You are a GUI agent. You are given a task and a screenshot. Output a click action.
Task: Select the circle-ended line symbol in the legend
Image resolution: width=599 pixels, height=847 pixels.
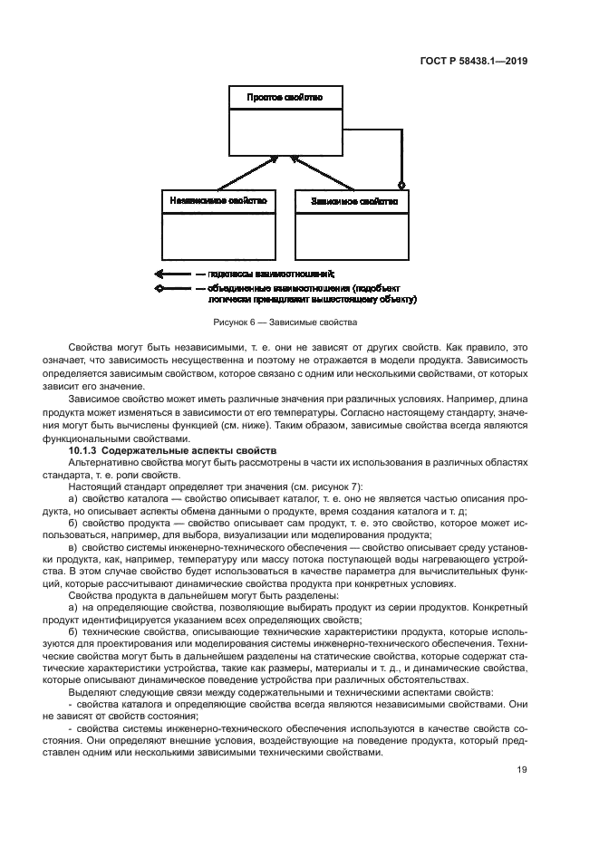click(172, 288)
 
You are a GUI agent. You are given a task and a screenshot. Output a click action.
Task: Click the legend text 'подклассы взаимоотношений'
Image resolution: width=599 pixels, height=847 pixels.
click(271, 273)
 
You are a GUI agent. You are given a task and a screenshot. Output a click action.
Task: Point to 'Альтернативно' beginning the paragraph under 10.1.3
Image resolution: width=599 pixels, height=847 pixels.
click(103, 462)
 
